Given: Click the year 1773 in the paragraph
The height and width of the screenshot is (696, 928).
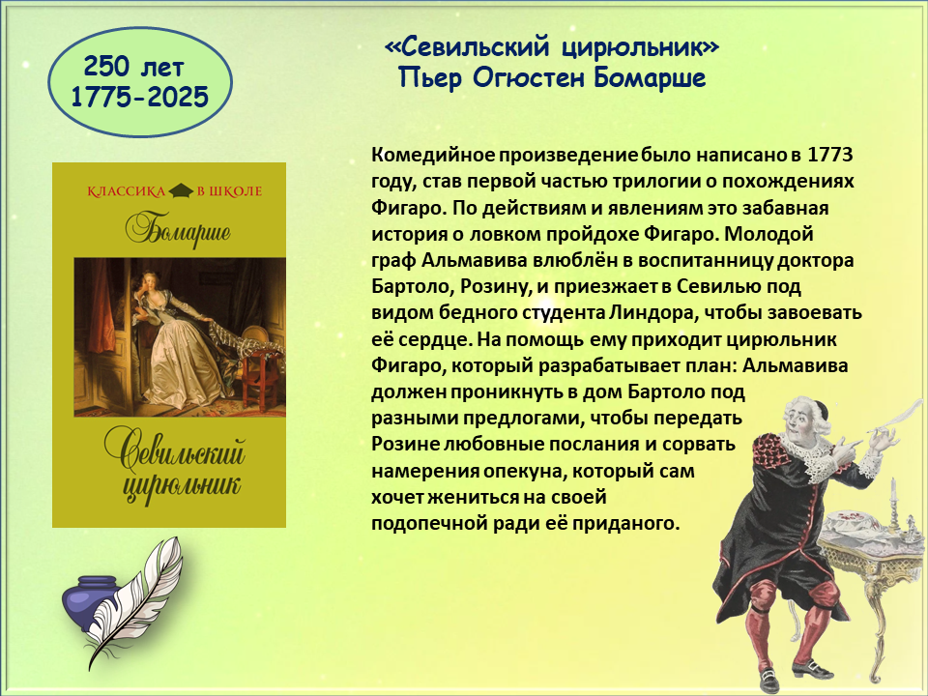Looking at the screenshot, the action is tap(829, 155).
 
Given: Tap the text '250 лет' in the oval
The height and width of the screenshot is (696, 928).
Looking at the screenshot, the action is tap(133, 67).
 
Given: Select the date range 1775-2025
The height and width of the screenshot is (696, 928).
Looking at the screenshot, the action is tap(139, 97).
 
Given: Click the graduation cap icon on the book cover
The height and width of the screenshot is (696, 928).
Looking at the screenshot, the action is tap(181, 190).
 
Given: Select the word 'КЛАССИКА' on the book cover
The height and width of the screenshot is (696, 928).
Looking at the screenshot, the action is tap(126, 191).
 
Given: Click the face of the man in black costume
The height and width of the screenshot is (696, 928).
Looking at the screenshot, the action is tap(799, 419).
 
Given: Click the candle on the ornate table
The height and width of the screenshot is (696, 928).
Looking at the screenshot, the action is tap(893, 495).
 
